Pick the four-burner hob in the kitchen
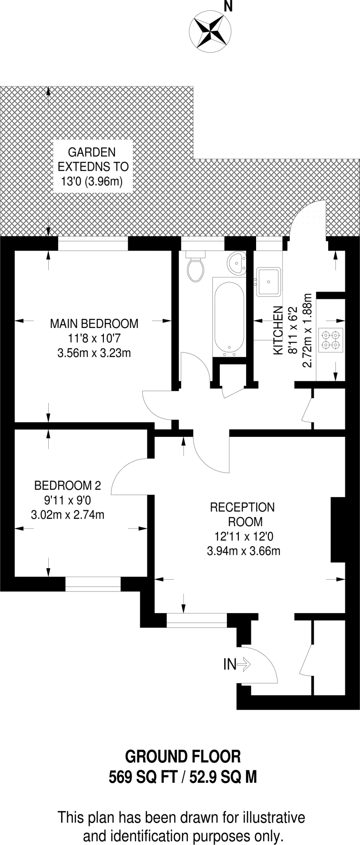[332, 340]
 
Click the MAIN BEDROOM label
[94, 323]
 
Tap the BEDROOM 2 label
[67, 486]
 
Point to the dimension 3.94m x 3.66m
[243, 550]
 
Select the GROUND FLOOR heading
[183, 757]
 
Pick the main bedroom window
[93, 245]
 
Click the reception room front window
[197, 620]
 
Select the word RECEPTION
[242, 507]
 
